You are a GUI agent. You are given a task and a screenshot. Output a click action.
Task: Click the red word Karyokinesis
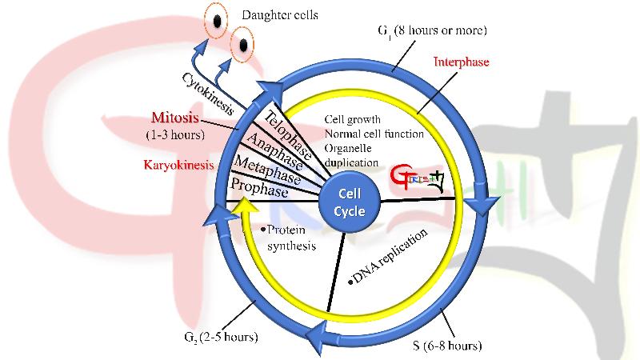(180, 167)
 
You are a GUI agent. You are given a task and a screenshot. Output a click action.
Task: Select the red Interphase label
(461, 61)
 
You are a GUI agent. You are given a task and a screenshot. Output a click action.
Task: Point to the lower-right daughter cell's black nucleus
(240, 45)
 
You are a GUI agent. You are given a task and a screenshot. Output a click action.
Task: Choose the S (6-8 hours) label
(447, 346)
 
